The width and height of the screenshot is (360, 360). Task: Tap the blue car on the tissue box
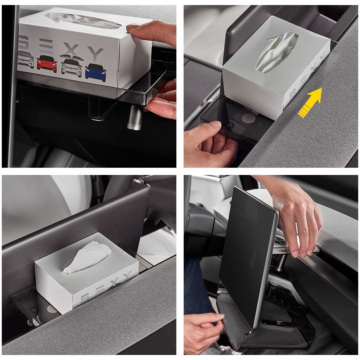(95, 73)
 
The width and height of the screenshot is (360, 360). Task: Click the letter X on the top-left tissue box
(71, 50)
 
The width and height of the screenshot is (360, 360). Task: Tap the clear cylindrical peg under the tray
(135, 118)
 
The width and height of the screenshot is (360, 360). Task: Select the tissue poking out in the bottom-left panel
(87, 257)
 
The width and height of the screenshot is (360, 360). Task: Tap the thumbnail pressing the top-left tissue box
(133, 28)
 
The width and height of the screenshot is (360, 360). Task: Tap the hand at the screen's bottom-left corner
(202, 330)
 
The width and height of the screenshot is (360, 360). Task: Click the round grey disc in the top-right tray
(248, 118)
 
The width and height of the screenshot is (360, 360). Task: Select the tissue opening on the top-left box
(83, 21)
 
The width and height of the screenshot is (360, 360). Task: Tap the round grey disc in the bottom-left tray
(51, 309)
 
